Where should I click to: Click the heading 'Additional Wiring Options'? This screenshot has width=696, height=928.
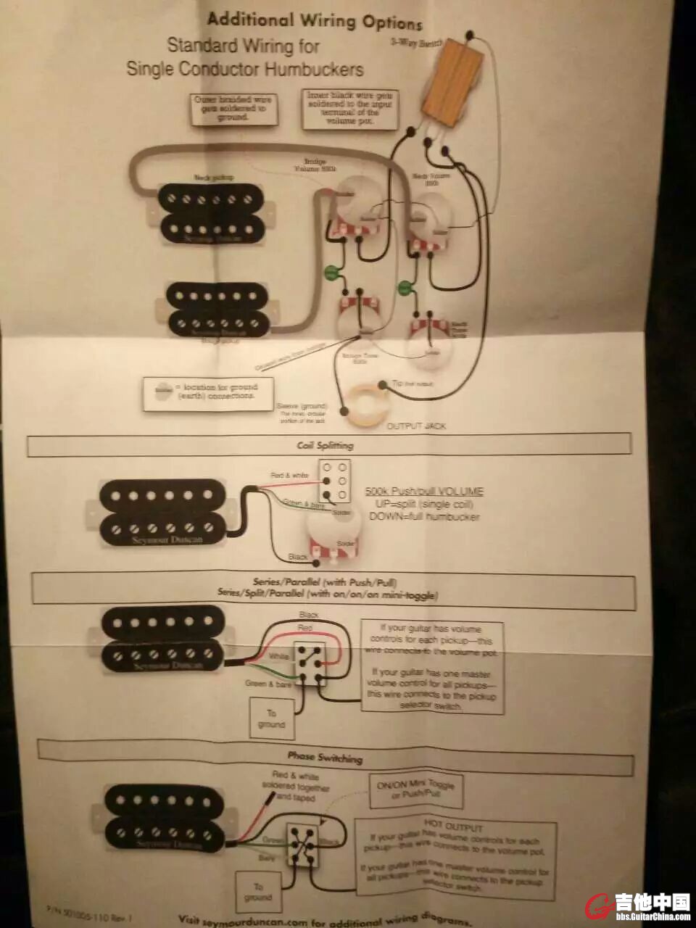click(314, 21)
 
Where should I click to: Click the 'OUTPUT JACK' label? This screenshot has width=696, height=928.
click(416, 426)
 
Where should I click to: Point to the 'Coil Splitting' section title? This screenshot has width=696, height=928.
click(326, 445)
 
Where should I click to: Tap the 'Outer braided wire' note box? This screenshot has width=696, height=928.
click(233, 109)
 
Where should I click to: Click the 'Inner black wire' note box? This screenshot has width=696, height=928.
click(350, 109)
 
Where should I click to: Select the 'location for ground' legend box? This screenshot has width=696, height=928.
click(208, 394)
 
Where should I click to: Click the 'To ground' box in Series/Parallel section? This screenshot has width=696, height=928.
click(271, 718)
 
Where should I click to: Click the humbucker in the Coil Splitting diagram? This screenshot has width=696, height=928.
click(164, 512)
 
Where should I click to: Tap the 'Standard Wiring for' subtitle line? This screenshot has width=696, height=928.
click(244, 46)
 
